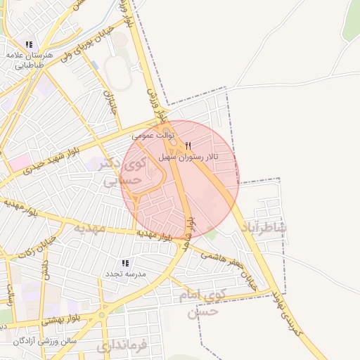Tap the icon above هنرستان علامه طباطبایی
point(29,44)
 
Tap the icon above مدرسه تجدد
point(126,262)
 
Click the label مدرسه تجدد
point(126,273)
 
